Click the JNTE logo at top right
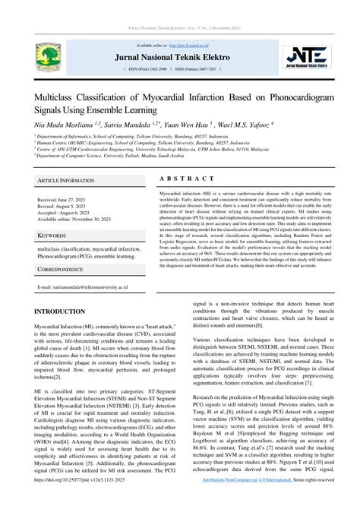click(311, 57)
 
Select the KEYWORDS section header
click(53, 236)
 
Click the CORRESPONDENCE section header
click(61, 269)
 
